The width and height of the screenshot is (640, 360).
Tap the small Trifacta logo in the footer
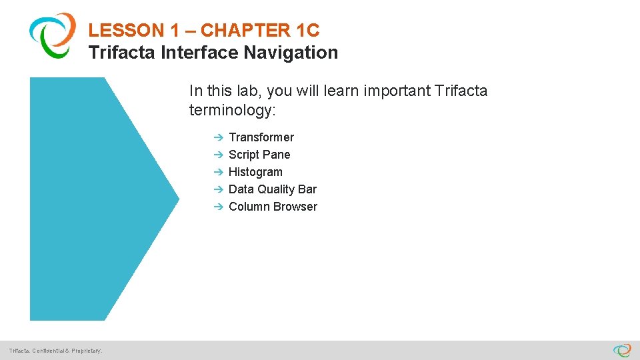point(622,350)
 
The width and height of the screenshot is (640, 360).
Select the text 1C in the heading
point(307,30)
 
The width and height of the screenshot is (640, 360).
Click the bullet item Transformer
point(261,137)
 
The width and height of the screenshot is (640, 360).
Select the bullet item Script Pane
point(259,155)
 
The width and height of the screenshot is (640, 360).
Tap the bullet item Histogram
point(255,172)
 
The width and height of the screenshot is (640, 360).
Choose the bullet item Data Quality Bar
point(273,189)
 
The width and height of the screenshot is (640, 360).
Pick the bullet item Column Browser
point(273,207)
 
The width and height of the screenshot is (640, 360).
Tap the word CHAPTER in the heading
point(245,30)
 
